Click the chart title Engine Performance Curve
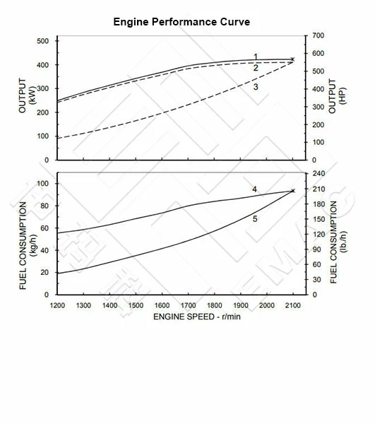(x=181, y=22)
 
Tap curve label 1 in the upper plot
(x=256, y=57)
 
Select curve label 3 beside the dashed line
(x=256, y=87)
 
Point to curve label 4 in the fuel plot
(x=254, y=189)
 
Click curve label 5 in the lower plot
(x=254, y=219)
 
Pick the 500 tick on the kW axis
(x=43, y=41)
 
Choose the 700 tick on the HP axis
(x=318, y=35)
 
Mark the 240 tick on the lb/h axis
(x=318, y=173)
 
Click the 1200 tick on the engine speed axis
(x=57, y=305)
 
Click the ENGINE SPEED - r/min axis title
(x=197, y=316)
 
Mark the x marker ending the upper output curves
(x=292, y=60)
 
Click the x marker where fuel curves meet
(x=292, y=191)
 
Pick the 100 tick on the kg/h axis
(x=43, y=184)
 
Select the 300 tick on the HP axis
(x=318, y=107)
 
